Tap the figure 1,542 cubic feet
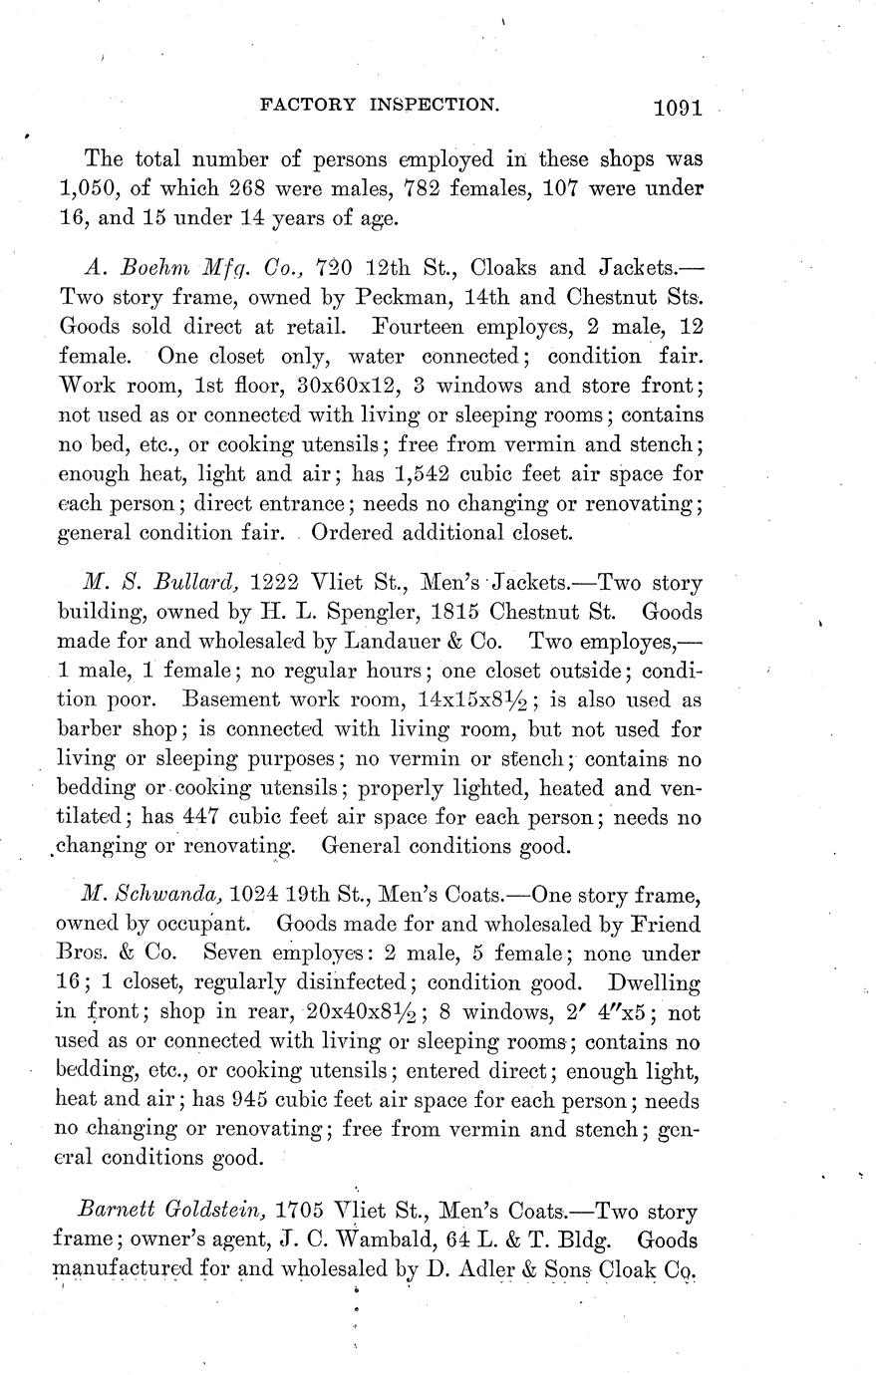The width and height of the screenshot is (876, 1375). point(431,472)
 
